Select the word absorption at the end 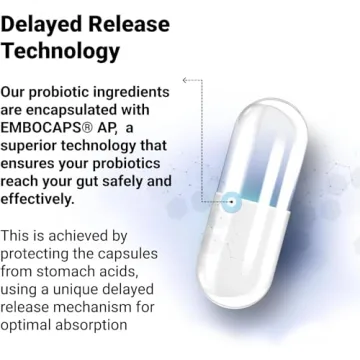pyautogui.click(x=108, y=325)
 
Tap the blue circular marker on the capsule pyautogui.click(x=231, y=201)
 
